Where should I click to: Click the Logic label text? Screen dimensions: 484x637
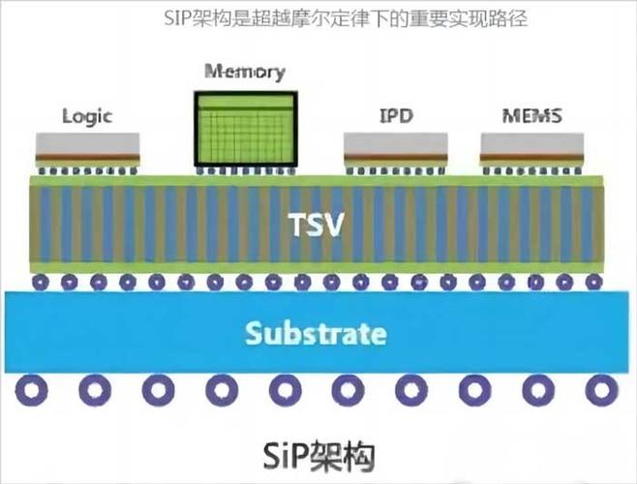(87, 116)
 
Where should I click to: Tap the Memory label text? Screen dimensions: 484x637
(245, 72)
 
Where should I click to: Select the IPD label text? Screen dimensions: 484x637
(396, 116)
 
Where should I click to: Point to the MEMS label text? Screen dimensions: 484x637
(532, 116)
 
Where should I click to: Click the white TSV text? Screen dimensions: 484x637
(318, 225)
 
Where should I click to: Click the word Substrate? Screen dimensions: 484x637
(316, 335)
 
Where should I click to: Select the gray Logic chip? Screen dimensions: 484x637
(87, 145)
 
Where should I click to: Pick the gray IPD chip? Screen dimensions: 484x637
(396, 145)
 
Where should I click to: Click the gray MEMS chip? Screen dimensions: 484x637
(532, 145)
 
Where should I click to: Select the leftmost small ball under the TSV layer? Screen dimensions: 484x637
(40, 282)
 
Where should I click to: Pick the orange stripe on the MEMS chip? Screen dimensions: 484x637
(532, 156)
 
